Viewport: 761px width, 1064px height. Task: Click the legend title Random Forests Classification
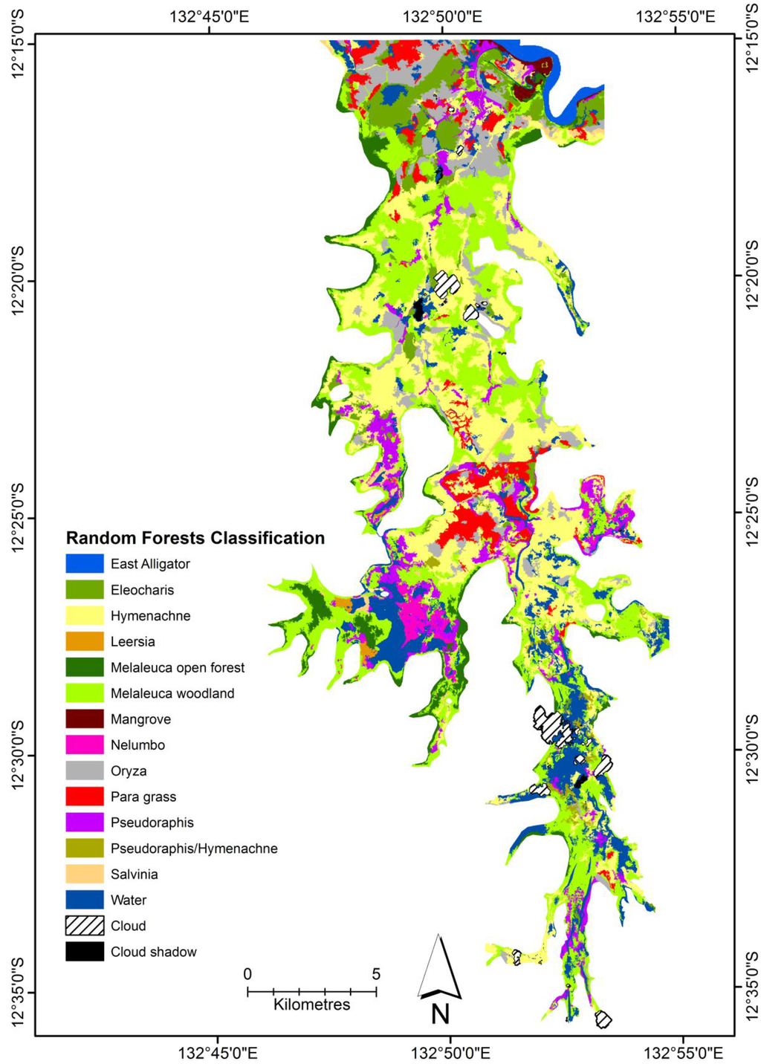coord(195,538)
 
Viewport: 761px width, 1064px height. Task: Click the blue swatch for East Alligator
coord(84,564)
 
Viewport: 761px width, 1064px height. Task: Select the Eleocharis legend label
coord(142,590)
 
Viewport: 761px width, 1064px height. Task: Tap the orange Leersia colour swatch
coord(84,641)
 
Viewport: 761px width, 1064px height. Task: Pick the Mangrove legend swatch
coord(84,719)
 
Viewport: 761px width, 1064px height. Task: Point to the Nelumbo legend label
coord(137,745)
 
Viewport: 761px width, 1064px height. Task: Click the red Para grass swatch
coord(84,797)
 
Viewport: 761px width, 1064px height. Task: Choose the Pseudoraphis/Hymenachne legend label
coord(194,849)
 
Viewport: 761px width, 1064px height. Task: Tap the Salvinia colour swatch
coord(84,874)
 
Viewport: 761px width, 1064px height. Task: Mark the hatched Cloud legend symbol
coord(84,926)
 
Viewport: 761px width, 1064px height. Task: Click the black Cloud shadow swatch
coord(84,952)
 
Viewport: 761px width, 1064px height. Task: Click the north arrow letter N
coord(440,1013)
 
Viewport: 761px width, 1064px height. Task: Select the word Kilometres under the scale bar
coord(311,1005)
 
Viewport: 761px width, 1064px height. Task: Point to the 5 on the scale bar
coord(376,974)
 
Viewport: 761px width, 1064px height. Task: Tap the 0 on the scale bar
coord(247,974)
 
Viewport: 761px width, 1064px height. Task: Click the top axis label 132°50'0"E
coord(443,16)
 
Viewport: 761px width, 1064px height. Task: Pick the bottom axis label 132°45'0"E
coord(218,1052)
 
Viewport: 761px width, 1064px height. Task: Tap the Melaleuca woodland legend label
coord(172,693)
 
